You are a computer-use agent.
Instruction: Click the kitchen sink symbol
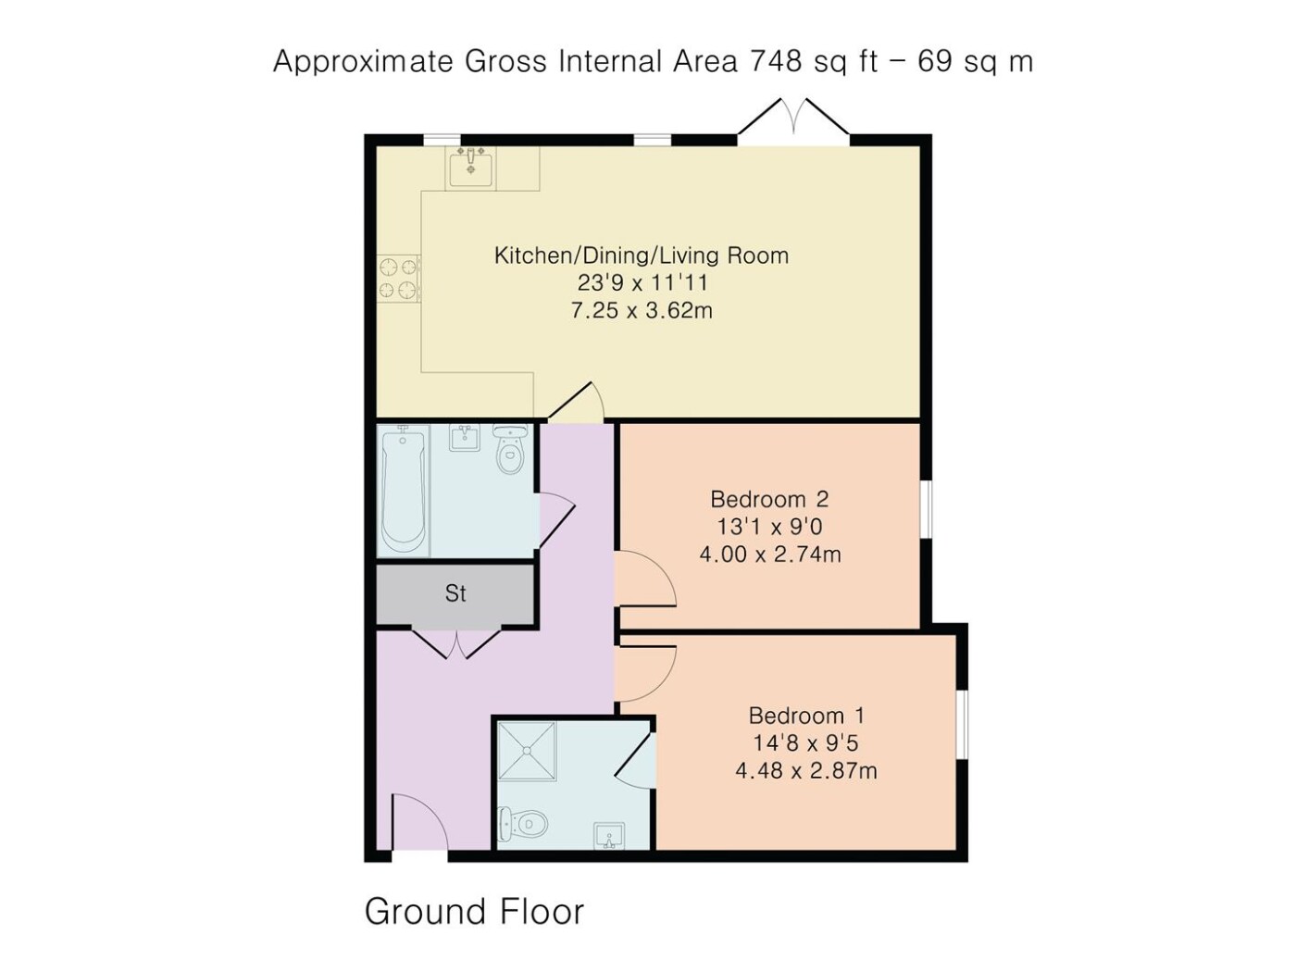point(470,168)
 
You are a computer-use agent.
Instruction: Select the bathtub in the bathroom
point(404,491)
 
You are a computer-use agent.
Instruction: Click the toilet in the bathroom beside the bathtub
point(509,450)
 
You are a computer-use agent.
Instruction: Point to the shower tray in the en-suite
point(527,751)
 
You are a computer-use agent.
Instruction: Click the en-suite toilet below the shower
point(523,823)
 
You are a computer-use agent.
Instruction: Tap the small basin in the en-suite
point(609,835)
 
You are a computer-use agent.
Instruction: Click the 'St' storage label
point(455,593)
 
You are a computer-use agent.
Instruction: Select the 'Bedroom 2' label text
point(769,499)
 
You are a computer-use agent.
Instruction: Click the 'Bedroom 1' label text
point(806,716)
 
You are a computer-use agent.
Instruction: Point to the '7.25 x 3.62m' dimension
point(642,310)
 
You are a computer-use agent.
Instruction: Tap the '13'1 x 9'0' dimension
point(769,527)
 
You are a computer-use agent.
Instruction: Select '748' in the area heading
point(777,61)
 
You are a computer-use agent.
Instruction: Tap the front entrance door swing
point(419,822)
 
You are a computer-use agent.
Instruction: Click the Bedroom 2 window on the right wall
point(928,510)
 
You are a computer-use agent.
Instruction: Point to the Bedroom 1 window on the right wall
point(963,724)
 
